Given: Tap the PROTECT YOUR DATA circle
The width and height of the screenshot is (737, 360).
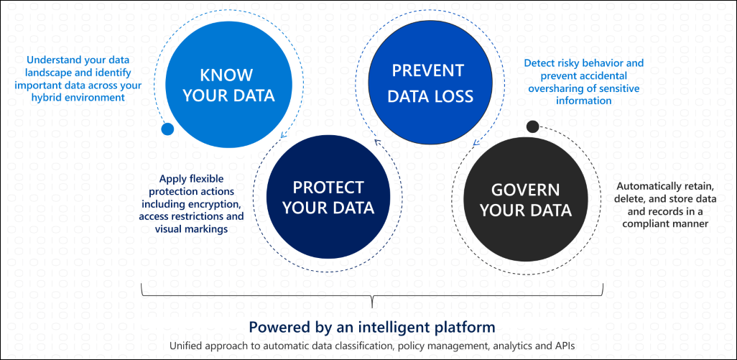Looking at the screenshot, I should point(328,198).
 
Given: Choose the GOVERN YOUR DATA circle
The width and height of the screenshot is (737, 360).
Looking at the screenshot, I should point(525,200).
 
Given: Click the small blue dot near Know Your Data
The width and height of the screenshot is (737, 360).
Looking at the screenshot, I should point(167,129).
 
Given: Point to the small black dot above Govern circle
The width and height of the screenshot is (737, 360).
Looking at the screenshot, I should point(532,127).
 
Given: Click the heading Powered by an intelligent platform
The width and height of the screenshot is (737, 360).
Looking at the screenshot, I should point(371,327).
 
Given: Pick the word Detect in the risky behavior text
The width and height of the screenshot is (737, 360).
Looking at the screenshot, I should point(539,63).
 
